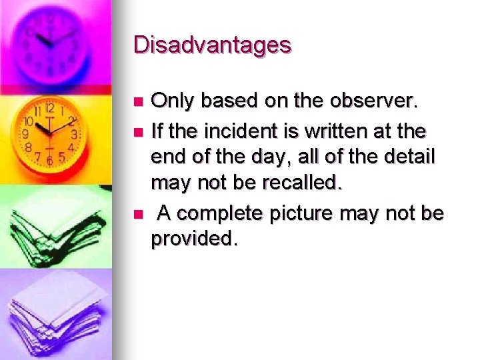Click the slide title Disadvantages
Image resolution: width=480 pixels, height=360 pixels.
212,45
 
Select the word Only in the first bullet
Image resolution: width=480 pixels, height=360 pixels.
171,101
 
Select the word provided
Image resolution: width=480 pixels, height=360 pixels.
193,239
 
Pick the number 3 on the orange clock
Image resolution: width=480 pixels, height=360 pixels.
74,135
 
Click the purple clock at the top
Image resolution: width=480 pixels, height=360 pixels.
53,40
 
